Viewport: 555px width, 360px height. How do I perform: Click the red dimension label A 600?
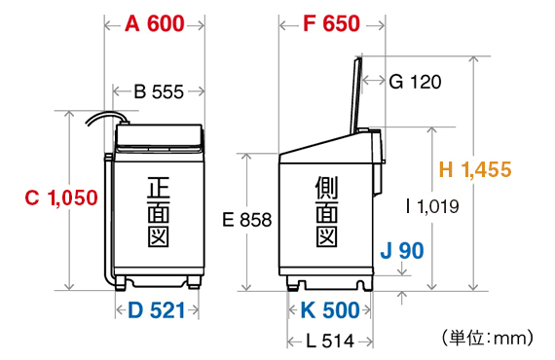coord(154,24)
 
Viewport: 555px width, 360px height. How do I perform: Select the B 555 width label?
coord(159,91)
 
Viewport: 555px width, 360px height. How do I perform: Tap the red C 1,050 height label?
coord(61,198)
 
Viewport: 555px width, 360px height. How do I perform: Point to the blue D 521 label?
coord(156,310)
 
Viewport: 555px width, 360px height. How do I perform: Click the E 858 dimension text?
coord(246,220)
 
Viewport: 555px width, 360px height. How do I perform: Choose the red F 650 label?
coord(331,24)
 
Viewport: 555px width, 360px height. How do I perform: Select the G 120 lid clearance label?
coord(415,82)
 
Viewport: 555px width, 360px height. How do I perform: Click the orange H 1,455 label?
coord(475,169)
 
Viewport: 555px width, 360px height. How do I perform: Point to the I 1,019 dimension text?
coord(432,206)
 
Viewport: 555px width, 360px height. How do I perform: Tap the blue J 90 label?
coord(402,250)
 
